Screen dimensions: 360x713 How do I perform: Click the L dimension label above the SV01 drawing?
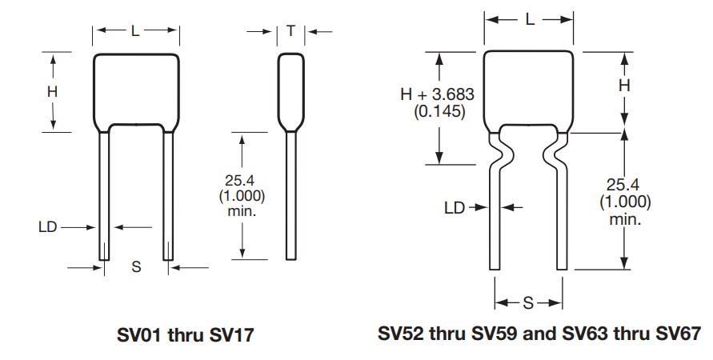click(x=135, y=31)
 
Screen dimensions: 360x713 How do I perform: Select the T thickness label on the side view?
click(x=290, y=31)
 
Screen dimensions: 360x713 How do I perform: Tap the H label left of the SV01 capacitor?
click(x=52, y=91)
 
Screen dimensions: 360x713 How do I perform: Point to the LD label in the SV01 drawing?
click(x=47, y=227)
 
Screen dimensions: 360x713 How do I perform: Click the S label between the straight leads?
click(x=136, y=267)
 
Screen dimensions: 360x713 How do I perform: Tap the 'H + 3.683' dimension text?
click(x=438, y=94)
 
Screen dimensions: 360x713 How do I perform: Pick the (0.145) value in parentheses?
click(x=439, y=111)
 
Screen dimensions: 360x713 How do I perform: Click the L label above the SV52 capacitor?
click(x=530, y=20)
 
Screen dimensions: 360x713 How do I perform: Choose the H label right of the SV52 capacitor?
click(x=625, y=85)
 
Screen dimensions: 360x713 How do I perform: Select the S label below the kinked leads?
click(x=528, y=303)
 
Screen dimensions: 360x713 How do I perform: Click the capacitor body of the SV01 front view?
click(x=135, y=88)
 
